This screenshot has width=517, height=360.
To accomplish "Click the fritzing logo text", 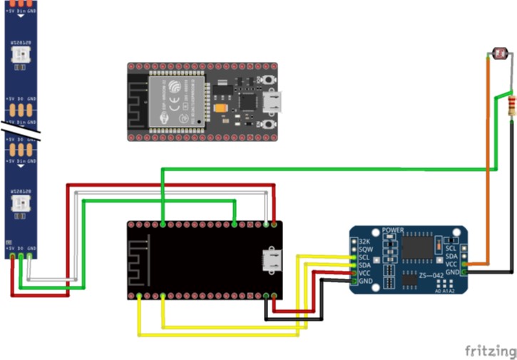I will (491, 351).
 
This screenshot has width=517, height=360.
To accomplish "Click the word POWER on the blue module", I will (393, 231).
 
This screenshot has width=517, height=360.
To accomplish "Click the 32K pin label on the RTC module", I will (364, 242).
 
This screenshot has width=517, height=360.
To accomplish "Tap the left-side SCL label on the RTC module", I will (364, 257).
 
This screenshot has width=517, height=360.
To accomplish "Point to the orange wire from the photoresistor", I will (486, 164).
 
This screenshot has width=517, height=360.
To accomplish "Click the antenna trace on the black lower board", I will (142, 253).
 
